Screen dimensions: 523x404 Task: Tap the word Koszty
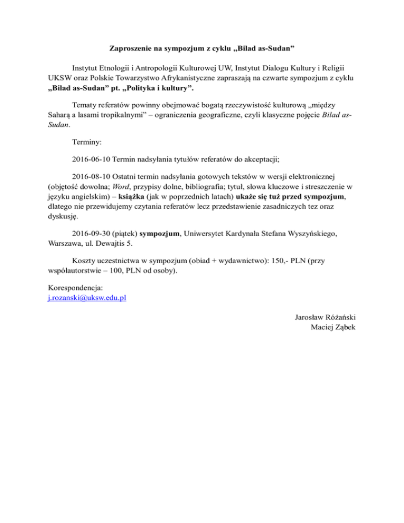pyautogui.click(x=85, y=261)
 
